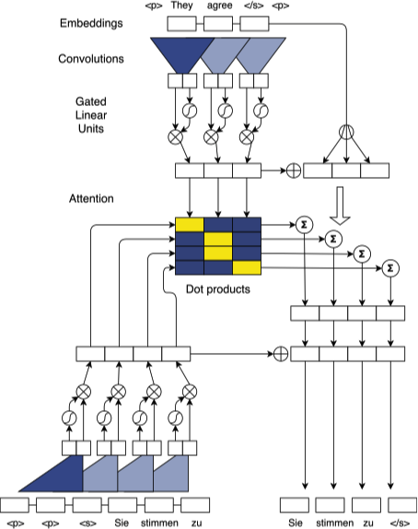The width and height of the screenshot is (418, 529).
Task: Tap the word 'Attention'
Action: tap(90, 198)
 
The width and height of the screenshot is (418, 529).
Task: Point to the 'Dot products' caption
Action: tap(217, 288)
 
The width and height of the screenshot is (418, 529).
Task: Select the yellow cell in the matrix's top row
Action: tap(189, 225)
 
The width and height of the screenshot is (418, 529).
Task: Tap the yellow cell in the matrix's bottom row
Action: tap(247, 268)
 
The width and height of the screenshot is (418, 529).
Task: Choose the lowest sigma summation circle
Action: tap(391, 267)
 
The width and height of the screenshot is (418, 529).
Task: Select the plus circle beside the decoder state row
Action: tap(280, 353)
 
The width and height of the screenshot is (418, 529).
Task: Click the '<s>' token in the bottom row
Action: tap(86, 522)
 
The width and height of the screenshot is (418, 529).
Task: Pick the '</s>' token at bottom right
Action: tap(400, 522)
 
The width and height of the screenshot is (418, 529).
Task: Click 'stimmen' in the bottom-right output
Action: tap(334, 522)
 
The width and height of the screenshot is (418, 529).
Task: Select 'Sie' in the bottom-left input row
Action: tap(120, 522)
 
